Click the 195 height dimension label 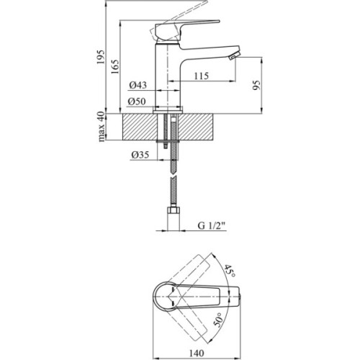tap(101, 57)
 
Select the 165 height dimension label tap(115, 66)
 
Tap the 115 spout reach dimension tap(202, 76)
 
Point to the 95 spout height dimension tap(256, 85)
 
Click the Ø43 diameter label tap(138, 85)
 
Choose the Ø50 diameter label tap(136, 102)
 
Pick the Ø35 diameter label tap(140, 155)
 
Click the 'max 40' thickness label tap(102, 127)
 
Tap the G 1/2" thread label tap(212, 225)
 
